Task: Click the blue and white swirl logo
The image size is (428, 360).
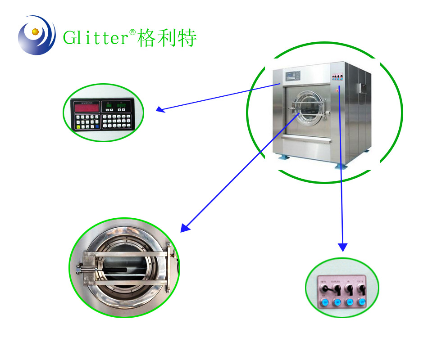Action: pos(36,35)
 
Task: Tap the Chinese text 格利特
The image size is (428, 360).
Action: pos(167,38)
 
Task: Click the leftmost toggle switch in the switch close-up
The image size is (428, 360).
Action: pos(323,288)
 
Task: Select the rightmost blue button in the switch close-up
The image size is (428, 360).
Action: pos(361,302)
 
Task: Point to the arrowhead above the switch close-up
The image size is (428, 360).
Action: pos(343,247)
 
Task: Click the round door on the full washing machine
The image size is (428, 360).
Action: pos(307,108)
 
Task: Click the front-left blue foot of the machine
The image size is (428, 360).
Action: pos(284,159)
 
